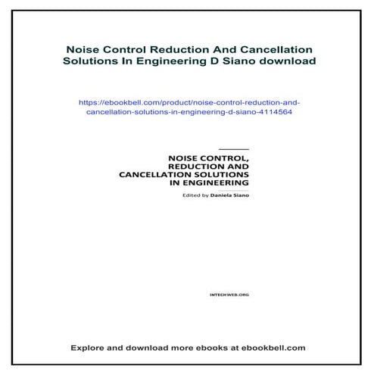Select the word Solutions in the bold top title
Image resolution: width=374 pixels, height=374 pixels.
tap(86, 61)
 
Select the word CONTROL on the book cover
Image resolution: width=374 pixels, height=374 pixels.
tap(228, 157)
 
